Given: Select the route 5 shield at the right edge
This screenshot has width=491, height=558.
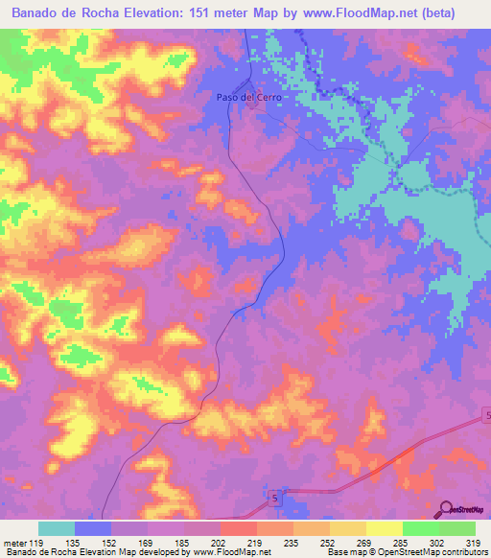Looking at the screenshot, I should (x=485, y=415).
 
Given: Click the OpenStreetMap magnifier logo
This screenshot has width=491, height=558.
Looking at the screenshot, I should (x=444, y=509).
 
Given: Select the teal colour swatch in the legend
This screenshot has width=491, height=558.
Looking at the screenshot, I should (x=57, y=528).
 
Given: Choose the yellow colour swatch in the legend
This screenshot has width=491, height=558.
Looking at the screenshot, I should (x=384, y=528).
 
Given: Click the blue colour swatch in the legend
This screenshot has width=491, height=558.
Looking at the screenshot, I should (x=93, y=528).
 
